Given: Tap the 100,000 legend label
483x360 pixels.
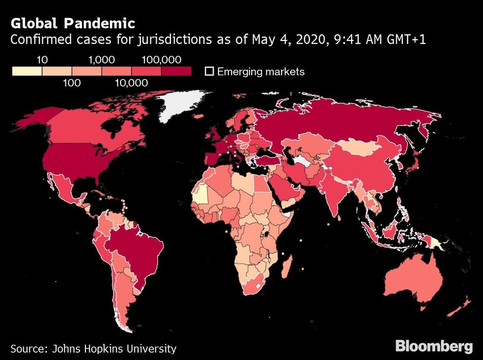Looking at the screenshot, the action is (161, 60).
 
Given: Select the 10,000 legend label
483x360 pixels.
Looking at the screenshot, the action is (132, 83).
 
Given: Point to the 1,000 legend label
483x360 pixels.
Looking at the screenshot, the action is (101, 60).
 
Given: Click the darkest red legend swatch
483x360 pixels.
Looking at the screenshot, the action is (177, 71).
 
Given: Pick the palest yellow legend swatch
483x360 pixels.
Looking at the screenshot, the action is (27, 71).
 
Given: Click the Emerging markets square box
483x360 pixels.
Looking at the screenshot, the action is (209, 71).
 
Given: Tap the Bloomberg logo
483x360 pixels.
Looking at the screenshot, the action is (434, 346).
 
